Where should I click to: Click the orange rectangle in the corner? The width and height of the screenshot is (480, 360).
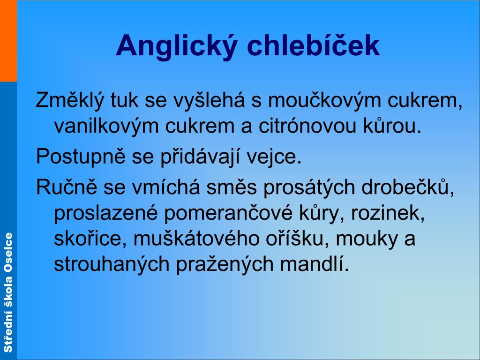coord(8,40)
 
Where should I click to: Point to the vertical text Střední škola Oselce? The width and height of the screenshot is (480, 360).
coord(8,292)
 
